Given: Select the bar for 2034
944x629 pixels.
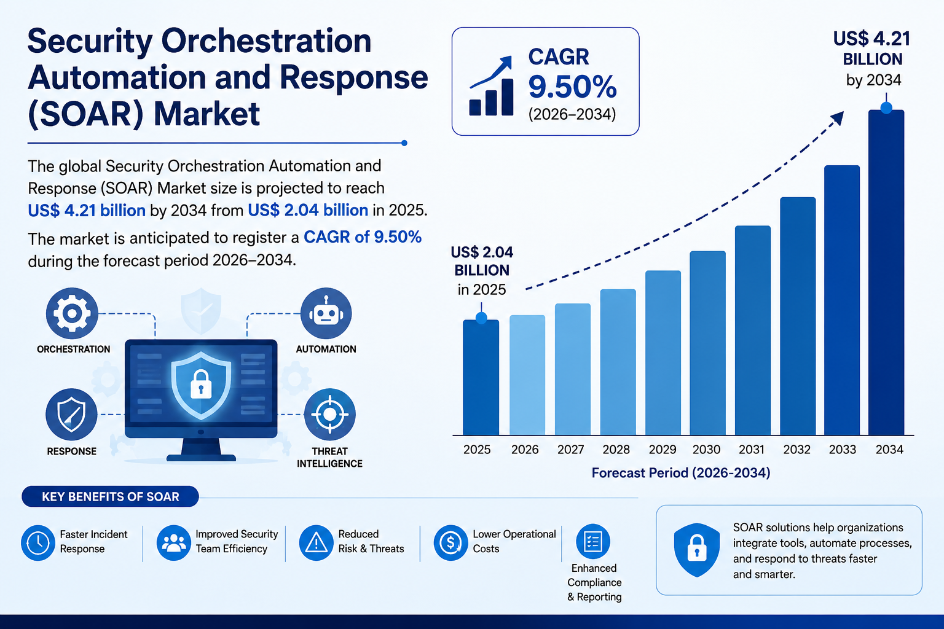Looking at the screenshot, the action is pyautogui.click(x=886, y=273).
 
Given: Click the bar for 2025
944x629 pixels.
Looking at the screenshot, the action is pyautogui.click(x=481, y=378).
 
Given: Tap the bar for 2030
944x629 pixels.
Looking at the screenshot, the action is pyautogui.click(x=707, y=343).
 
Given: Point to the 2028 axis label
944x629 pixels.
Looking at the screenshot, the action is pyautogui.click(x=616, y=450).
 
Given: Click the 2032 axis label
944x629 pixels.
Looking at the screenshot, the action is pyautogui.click(x=797, y=450).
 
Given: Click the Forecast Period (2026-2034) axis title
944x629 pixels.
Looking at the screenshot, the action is pyautogui.click(x=681, y=473).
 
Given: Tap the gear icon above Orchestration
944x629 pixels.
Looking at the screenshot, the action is pyautogui.click(x=72, y=313).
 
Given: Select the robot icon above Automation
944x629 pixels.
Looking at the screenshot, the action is pyautogui.click(x=326, y=313).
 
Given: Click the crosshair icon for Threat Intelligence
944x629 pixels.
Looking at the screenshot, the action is pyautogui.click(x=330, y=415).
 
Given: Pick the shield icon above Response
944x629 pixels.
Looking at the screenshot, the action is pyautogui.click(x=72, y=415).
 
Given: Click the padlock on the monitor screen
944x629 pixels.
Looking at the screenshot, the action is pyautogui.click(x=201, y=385).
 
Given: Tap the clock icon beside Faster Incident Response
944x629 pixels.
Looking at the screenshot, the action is pyautogui.click(x=38, y=542).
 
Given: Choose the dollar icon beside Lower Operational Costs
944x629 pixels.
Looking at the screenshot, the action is pyautogui.click(x=451, y=542).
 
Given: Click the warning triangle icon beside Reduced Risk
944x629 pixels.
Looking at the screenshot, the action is pyautogui.click(x=317, y=542).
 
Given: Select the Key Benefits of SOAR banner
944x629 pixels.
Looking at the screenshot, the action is pyautogui.click(x=111, y=496).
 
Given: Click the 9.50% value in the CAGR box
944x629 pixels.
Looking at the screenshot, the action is pyautogui.click(x=572, y=87).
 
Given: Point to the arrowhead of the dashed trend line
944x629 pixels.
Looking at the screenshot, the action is pyautogui.click(x=839, y=117).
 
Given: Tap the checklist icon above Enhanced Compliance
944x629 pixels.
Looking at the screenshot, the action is pyautogui.click(x=593, y=541).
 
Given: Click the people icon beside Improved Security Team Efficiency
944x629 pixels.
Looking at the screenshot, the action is pyautogui.click(x=174, y=542).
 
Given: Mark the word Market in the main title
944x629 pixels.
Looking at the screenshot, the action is pyautogui.click(x=206, y=114).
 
